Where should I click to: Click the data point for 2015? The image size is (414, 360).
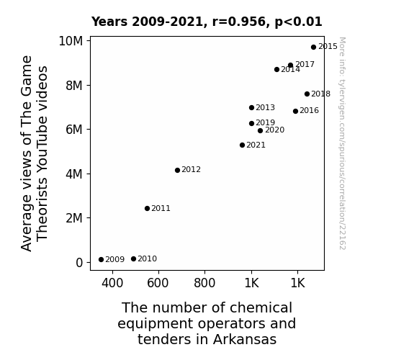(313, 47)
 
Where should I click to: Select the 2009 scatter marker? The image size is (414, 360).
(101, 260)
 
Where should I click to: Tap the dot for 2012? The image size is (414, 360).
(177, 170)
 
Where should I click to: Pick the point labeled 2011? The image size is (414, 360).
(148, 208)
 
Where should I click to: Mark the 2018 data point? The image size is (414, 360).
(307, 94)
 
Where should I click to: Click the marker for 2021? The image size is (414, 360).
(242, 145)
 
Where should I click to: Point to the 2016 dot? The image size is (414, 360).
(295, 111)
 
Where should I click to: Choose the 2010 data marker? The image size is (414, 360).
(133, 259)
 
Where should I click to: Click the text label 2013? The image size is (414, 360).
(266, 107)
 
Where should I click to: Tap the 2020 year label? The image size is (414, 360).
(274, 130)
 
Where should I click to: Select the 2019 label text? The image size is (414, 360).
(266, 122)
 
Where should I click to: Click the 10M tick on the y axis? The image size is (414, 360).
(71, 41)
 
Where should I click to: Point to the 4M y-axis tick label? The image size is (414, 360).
(74, 174)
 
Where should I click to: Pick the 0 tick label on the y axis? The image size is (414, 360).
(79, 263)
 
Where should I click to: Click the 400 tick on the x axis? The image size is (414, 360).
(112, 283)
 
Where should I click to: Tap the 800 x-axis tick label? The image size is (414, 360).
(204, 283)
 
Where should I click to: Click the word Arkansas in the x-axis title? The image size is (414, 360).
(245, 339)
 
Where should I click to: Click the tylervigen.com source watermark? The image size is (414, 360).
(342, 143)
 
